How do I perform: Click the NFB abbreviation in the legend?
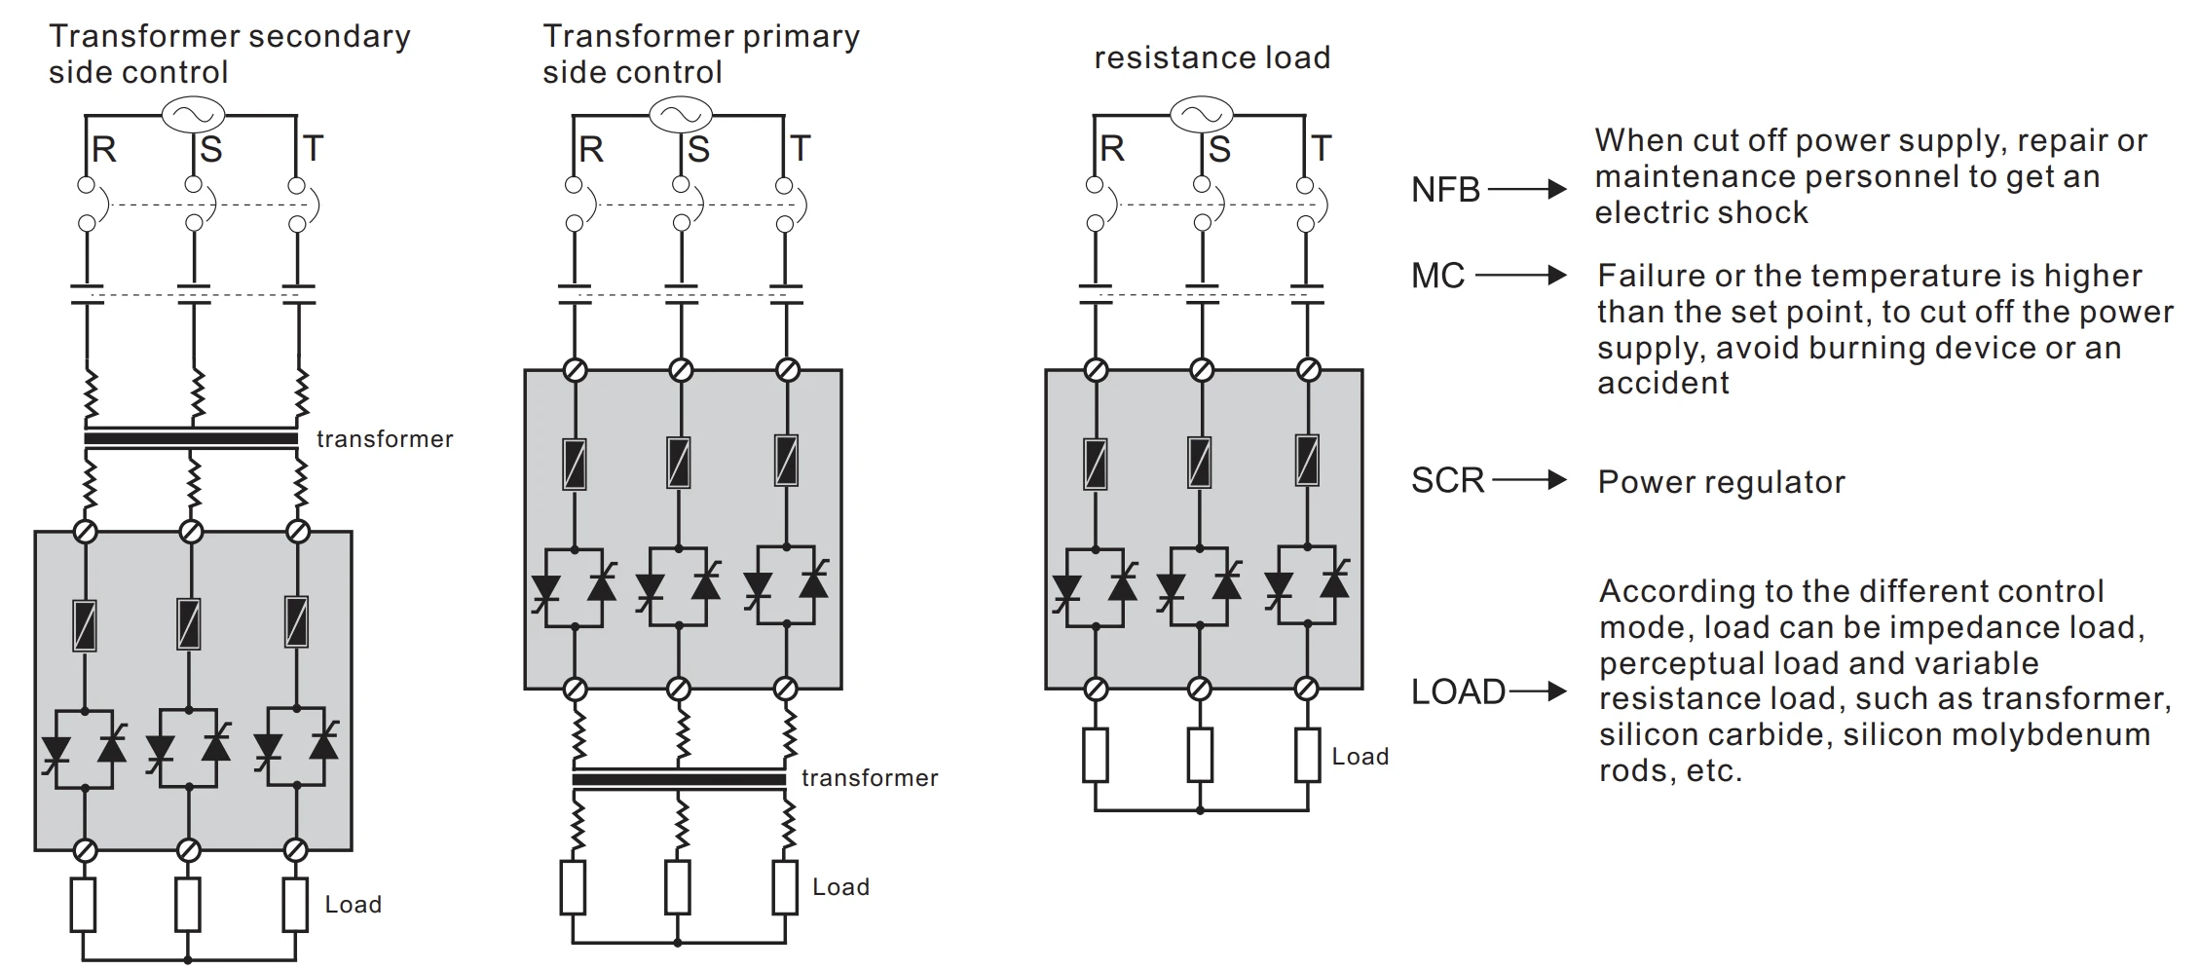tap(1445, 190)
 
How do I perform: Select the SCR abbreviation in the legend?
tap(1447, 481)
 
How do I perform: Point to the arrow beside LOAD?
tap(1539, 692)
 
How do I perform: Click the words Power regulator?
tap(1721, 483)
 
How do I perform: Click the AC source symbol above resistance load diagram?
tap(1201, 115)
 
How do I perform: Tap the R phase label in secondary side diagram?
tap(103, 150)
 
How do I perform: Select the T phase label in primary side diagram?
tap(800, 150)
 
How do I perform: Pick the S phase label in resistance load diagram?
tap(1219, 150)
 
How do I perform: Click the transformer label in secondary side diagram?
tap(385, 439)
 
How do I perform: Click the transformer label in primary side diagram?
tap(870, 778)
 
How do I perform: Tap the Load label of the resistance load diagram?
tap(1360, 757)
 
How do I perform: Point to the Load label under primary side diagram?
tap(840, 887)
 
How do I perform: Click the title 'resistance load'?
tap(1211, 58)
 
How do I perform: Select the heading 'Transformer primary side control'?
tap(700, 54)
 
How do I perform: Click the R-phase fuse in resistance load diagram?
tap(1096, 464)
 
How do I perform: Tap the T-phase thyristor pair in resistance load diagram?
tap(1307, 586)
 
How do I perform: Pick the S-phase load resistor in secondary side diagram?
tap(188, 905)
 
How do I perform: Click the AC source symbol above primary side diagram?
tap(681, 115)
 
